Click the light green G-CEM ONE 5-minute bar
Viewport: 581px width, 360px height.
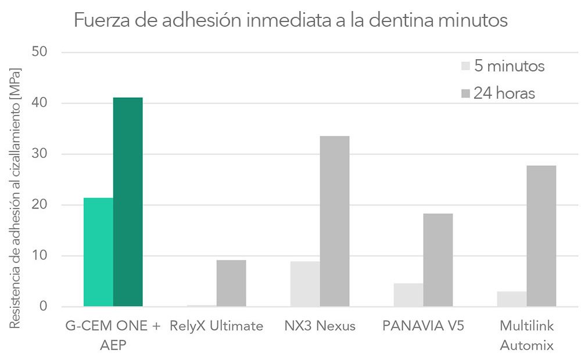tap(98, 252)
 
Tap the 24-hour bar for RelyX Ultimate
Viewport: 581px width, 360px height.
tap(231, 283)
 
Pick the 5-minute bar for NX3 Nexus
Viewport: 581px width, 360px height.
tap(305, 284)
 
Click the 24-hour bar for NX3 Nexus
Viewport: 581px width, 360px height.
tap(335, 221)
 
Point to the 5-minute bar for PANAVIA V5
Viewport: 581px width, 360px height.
tap(408, 295)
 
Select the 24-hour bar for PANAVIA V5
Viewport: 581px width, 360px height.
tap(438, 260)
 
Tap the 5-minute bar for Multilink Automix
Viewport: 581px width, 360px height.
tap(512, 299)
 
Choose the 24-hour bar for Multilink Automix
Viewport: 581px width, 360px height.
tap(541, 236)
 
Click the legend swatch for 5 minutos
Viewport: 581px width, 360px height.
tap(465, 66)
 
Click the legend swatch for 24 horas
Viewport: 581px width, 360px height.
tap(465, 93)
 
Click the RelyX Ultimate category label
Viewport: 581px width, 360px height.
tap(217, 326)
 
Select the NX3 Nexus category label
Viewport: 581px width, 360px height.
tap(320, 326)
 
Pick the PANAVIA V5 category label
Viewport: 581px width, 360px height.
tap(424, 326)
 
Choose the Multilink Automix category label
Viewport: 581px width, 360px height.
tap(526, 336)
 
